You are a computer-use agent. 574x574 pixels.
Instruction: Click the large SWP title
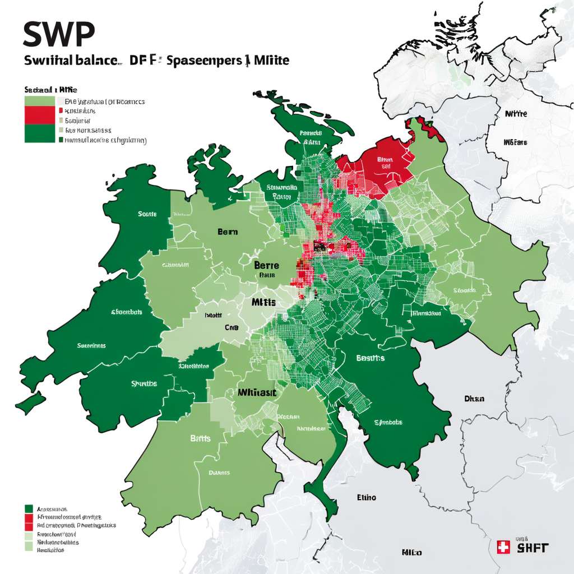[59, 35]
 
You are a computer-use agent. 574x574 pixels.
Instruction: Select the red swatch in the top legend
[40, 114]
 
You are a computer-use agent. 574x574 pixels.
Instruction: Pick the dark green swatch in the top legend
[40, 133]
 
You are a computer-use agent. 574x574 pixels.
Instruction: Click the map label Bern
[228, 232]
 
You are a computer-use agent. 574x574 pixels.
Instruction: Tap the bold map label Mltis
[263, 302]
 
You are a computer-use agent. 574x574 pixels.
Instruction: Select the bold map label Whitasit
[257, 393]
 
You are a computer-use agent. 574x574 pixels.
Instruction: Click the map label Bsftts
[200, 438]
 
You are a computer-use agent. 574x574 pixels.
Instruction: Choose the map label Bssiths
[371, 358]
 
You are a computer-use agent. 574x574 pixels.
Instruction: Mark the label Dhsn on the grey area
[474, 399]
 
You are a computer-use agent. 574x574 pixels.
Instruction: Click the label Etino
[367, 497]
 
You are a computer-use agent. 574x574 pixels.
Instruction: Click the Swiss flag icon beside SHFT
[503, 547]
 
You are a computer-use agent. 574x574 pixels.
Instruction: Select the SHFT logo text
[533, 548]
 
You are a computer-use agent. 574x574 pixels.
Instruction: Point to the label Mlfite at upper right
[516, 114]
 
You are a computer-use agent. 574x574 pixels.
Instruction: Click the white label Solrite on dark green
[147, 214]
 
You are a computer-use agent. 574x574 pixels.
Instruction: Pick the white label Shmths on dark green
[144, 384]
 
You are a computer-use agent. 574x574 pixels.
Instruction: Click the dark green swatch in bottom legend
[29, 508]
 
